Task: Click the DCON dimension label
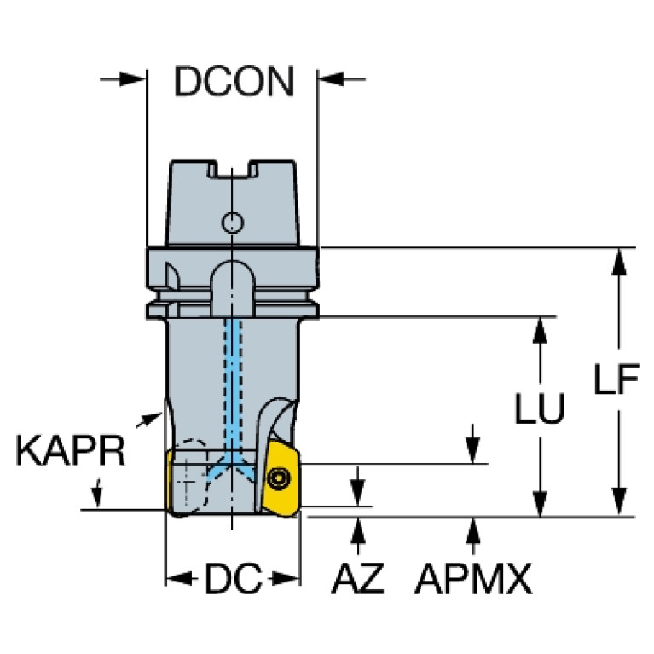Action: [234, 81]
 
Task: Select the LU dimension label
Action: [540, 408]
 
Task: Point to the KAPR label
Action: [71, 450]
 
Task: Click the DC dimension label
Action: [233, 578]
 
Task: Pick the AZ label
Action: [357, 578]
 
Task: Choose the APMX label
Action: [473, 578]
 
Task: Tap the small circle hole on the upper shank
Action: [232, 223]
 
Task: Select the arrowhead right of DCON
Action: [332, 78]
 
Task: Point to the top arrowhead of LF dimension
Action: [620, 262]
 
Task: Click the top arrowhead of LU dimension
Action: [540, 330]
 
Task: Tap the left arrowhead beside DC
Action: [179, 578]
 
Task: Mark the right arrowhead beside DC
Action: [286, 578]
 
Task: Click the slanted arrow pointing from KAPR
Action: [149, 420]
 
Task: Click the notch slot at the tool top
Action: [233, 169]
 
